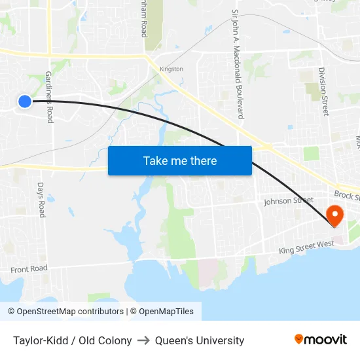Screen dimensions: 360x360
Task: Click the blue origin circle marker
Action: point(24,101)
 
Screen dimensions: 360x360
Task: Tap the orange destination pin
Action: point(334,215)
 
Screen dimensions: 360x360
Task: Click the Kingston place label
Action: point(171,69)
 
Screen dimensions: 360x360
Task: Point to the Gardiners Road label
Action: point(48,97)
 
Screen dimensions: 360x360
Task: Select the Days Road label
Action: point(41,200)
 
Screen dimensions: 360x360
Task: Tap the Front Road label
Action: point(29,269)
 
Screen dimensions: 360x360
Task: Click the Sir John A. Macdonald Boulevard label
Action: point(238,63)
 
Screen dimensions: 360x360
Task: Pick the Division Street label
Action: point(323,92)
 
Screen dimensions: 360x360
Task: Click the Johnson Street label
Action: point(284,201)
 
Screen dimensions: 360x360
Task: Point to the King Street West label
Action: point(306,247)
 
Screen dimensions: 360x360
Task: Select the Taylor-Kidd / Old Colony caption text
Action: point(72,340)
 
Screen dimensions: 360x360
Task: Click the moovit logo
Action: point(320,339)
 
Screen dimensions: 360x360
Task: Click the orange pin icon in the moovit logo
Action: point(299,339)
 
